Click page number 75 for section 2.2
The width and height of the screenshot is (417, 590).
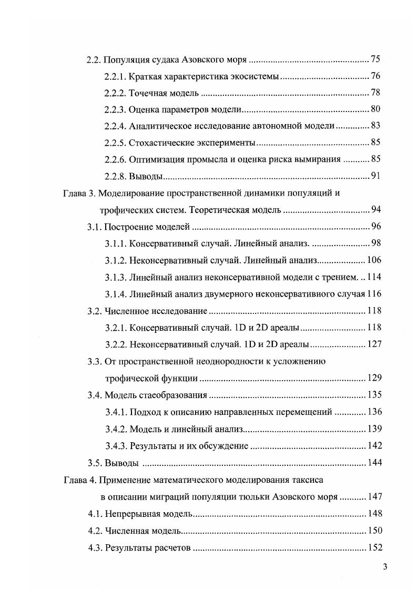tap(375, 59)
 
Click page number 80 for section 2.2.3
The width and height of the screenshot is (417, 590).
tap(375, 109)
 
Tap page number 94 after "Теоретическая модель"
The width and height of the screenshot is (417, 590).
tap(375, 210)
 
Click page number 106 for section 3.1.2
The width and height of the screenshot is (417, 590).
tap(373, 260)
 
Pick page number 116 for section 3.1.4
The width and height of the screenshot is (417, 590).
tap(373, 293)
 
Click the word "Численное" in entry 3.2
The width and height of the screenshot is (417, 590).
tap(126, 311)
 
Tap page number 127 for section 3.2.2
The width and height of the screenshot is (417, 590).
tap(373, 344)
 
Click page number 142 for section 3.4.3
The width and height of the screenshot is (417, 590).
tap(373, 446)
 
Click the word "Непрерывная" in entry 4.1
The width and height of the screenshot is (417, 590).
tap(130, 514)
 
